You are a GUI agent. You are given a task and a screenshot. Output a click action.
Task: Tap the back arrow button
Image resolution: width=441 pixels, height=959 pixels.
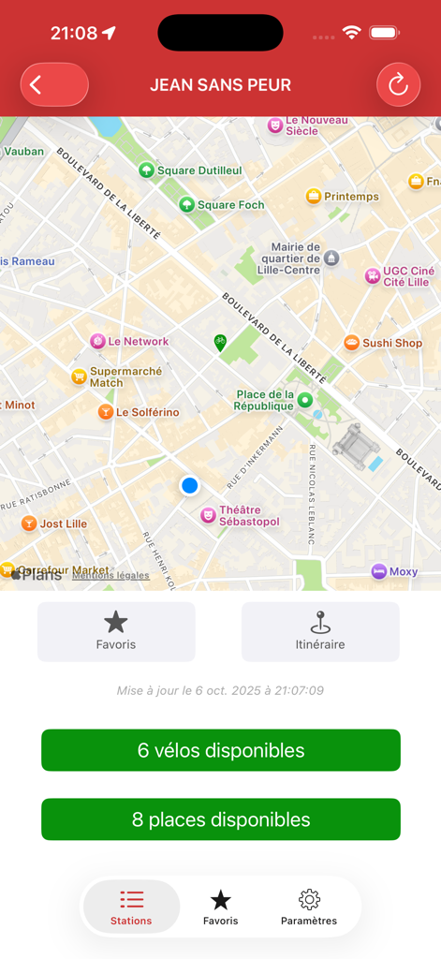click(x=53, y=85)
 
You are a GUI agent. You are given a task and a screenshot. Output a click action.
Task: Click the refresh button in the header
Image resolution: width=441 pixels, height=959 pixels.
click(x=398, y=85)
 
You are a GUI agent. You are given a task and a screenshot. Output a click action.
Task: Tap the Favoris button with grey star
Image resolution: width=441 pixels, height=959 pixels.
click(x=116, y=631)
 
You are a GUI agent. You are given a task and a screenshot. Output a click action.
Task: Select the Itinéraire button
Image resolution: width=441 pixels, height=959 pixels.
click(x=320, y=631)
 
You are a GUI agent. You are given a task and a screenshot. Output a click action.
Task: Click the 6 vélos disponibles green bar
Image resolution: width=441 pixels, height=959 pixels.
click(x=221, y=750)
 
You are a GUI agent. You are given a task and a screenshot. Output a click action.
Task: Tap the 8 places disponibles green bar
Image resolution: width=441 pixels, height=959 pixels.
click(x=221, y=819)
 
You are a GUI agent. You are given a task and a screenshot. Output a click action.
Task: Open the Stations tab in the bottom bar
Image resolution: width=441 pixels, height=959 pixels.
click(x=131, y=907)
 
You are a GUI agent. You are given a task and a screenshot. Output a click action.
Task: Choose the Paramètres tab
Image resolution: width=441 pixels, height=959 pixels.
click(x=309, y=907)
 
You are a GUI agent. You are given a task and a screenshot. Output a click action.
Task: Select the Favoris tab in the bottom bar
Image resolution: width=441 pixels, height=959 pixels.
click(x=221, y=907)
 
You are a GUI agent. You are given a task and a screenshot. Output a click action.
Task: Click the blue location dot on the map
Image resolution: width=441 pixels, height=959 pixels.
click(x=190, y=485)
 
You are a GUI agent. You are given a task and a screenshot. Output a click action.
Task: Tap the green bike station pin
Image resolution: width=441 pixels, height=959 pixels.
click(x=219, y=342)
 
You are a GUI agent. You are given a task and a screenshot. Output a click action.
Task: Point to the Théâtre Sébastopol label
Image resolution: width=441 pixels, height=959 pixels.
click(x=248, y=516)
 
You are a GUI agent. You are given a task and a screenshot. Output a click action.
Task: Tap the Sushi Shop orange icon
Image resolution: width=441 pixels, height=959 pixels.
click(x=352, y=343)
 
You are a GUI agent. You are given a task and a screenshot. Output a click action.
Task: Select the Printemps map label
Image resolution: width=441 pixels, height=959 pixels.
click(x=351, y=197)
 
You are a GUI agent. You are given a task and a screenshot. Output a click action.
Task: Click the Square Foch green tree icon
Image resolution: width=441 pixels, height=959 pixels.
click(x=187, y=204)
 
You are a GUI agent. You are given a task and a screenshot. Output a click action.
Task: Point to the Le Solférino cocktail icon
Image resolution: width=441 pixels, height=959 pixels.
click(x=106, y=412)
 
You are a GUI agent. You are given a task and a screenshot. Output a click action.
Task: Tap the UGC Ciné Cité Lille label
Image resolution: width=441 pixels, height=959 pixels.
click(x=406, y=276)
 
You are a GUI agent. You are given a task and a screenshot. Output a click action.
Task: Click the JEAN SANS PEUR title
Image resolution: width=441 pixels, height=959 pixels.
click(x=221, y=85)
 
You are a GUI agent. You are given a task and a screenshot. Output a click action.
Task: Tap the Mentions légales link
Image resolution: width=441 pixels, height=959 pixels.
click(x=110, y=575)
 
